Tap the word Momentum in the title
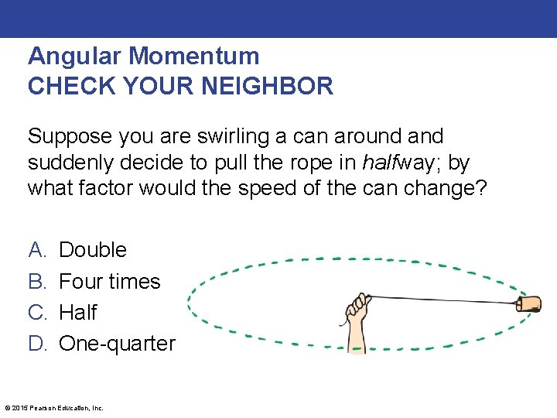[x=194, y=57]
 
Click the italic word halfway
[x=384, y=163]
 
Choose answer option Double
[x=93, y=250]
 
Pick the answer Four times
[x=110, y=281]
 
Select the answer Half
[x=78, y=312]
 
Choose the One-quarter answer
[x=118, y=343]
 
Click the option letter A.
[x=36, y=250]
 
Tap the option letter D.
[x=37, y=343]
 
